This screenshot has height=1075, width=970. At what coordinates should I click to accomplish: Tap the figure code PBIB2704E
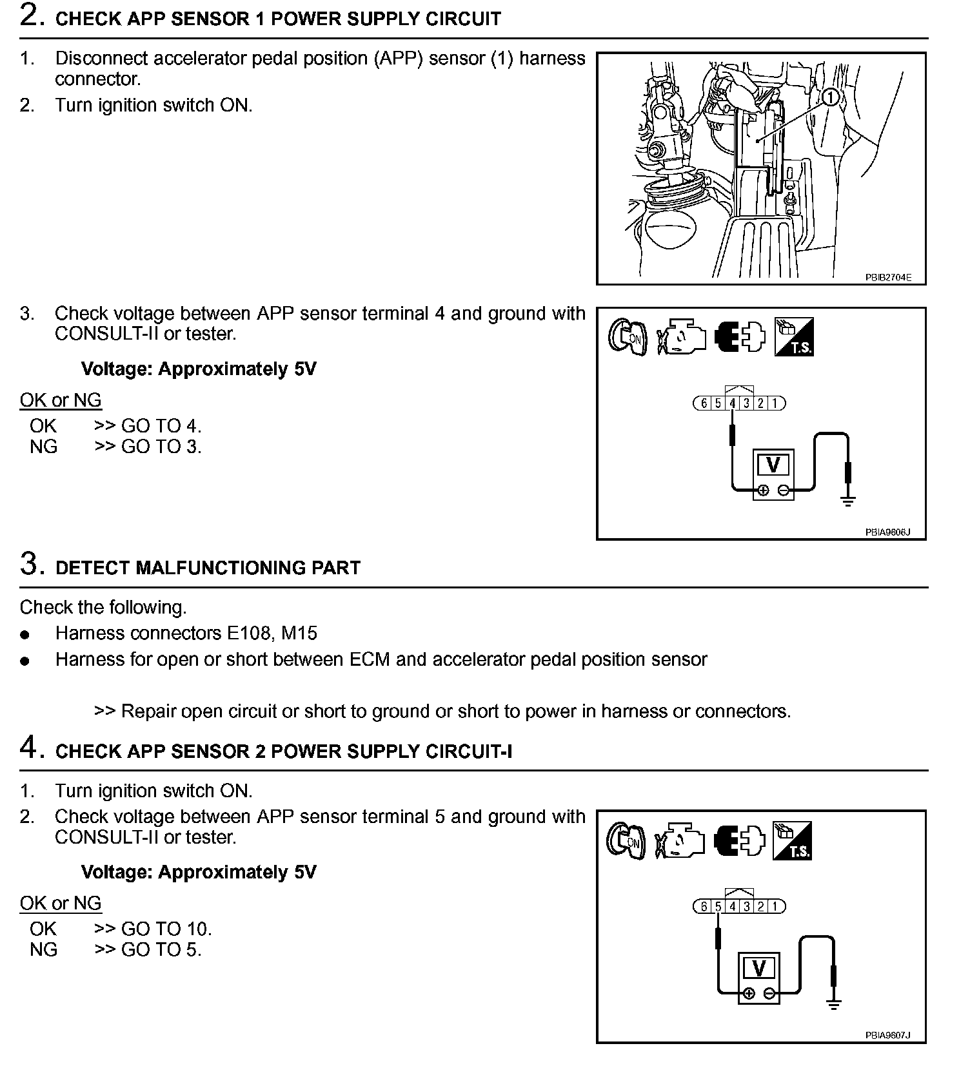point(888,278)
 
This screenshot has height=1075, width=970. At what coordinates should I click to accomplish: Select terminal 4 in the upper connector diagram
point(733,403)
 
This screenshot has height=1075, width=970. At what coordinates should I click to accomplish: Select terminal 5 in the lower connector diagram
point(718,907)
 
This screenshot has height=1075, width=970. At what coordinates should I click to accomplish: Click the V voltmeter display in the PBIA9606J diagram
point(773,465)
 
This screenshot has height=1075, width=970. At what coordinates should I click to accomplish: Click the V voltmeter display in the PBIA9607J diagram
point(758,968)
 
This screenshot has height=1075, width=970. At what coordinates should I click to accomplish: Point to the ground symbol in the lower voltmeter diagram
point(834,1003)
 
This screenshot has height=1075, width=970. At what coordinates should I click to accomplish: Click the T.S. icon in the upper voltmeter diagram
point(794,336)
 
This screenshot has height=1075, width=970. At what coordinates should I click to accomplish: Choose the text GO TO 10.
point(166,929)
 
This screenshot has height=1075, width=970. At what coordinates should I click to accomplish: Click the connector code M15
point(300,634)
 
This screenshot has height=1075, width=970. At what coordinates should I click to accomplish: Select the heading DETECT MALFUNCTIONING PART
point(208,568)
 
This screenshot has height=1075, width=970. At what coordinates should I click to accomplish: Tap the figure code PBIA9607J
point(887,1035)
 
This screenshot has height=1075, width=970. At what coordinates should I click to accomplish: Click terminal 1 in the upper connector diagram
point(775,403)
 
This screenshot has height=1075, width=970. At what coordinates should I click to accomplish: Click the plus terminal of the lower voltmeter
point(748,993)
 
